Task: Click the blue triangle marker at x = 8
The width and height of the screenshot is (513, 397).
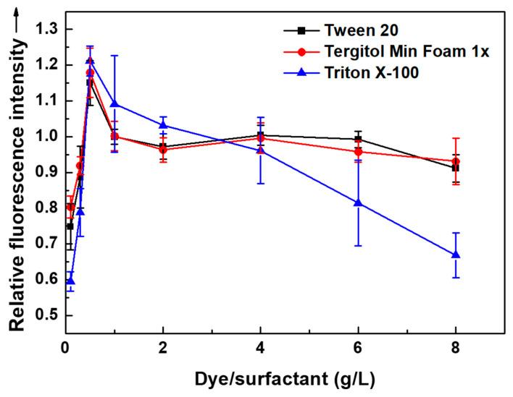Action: tap(456, 255)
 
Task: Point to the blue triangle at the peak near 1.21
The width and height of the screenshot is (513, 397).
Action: tap(90, 60)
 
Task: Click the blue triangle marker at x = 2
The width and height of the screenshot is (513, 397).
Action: tap(163, 125)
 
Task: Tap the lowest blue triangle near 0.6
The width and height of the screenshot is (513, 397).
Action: tap(70, 281)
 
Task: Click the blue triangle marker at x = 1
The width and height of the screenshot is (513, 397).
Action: tap(114, 103)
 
